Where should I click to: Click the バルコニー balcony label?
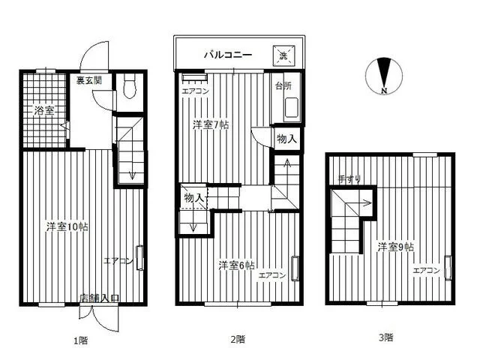pyautogui.click(x=228, y=55)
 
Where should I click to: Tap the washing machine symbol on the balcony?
pyautogui.click(x=283, y=55)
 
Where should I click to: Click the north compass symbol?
pyautogui.click(x=384, y=76)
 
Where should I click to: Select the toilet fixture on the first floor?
pyautogui.click(x=130, y=87)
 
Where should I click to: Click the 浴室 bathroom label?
pyautogui.click(x=44, y=110)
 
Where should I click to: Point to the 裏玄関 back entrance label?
pyautogui.click(x=88, y=81)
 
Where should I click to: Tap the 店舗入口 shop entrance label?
pyautogui.click(x=99, y=298)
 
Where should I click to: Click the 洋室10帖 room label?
pyautogui.click(x=67, y=226)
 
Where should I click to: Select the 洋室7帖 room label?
pyautogui.click(x=211, y=125)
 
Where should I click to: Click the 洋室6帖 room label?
pyautogui.click(x=237, y=265)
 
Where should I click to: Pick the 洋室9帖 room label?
pyautogui.click(x=395, y=247)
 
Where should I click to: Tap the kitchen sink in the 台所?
pyautogui.click(x=292, y=108)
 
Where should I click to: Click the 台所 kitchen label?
pyautogui.click(x=283, y=86)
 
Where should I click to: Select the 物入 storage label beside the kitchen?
pyautogui.click(x=286, y=139)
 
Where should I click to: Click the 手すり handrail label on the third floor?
pyautogui.click(x=349, y=179)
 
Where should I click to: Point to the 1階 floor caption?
pyautogui.click(x=81, y=340)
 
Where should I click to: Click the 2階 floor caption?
pyautogui.click(x=238, y=339)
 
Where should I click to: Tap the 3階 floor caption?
pyautogui.click(x=386, y=337)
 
